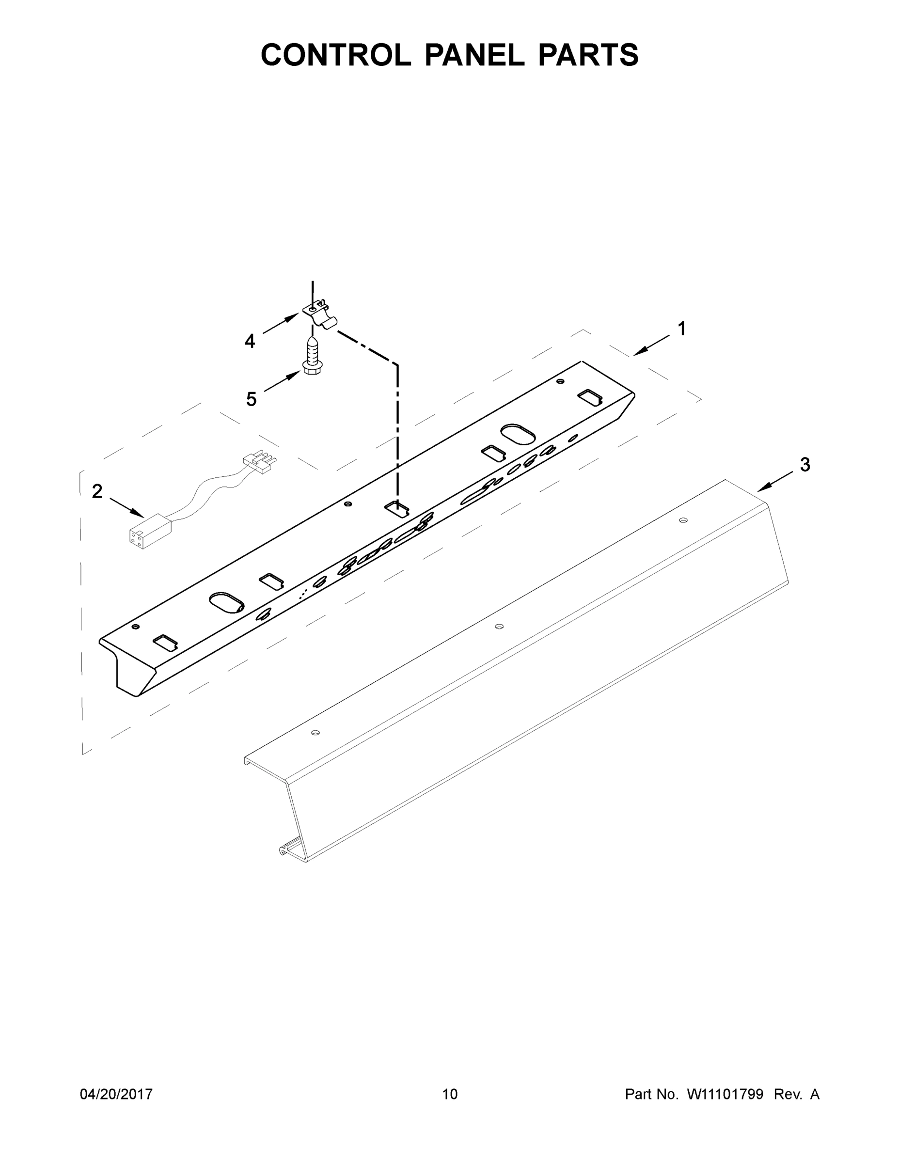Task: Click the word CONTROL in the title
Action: tap(335, 55)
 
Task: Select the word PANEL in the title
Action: tap(474, 55)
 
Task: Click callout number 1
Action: tap(681, 329)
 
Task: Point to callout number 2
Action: tap(97, 491)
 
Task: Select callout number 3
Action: tap(804, 464)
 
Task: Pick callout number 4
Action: tap(250, 341)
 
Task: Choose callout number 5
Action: tap(251, 399)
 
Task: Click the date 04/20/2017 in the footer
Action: tap(116, 1094)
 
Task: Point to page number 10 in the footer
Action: tap(450, 1094)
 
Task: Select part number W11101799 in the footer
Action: tap(725, 1094)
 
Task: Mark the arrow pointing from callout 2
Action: tap(127, 507)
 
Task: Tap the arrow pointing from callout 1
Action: tap(651, 345)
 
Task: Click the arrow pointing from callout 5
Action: tap(282, 382)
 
